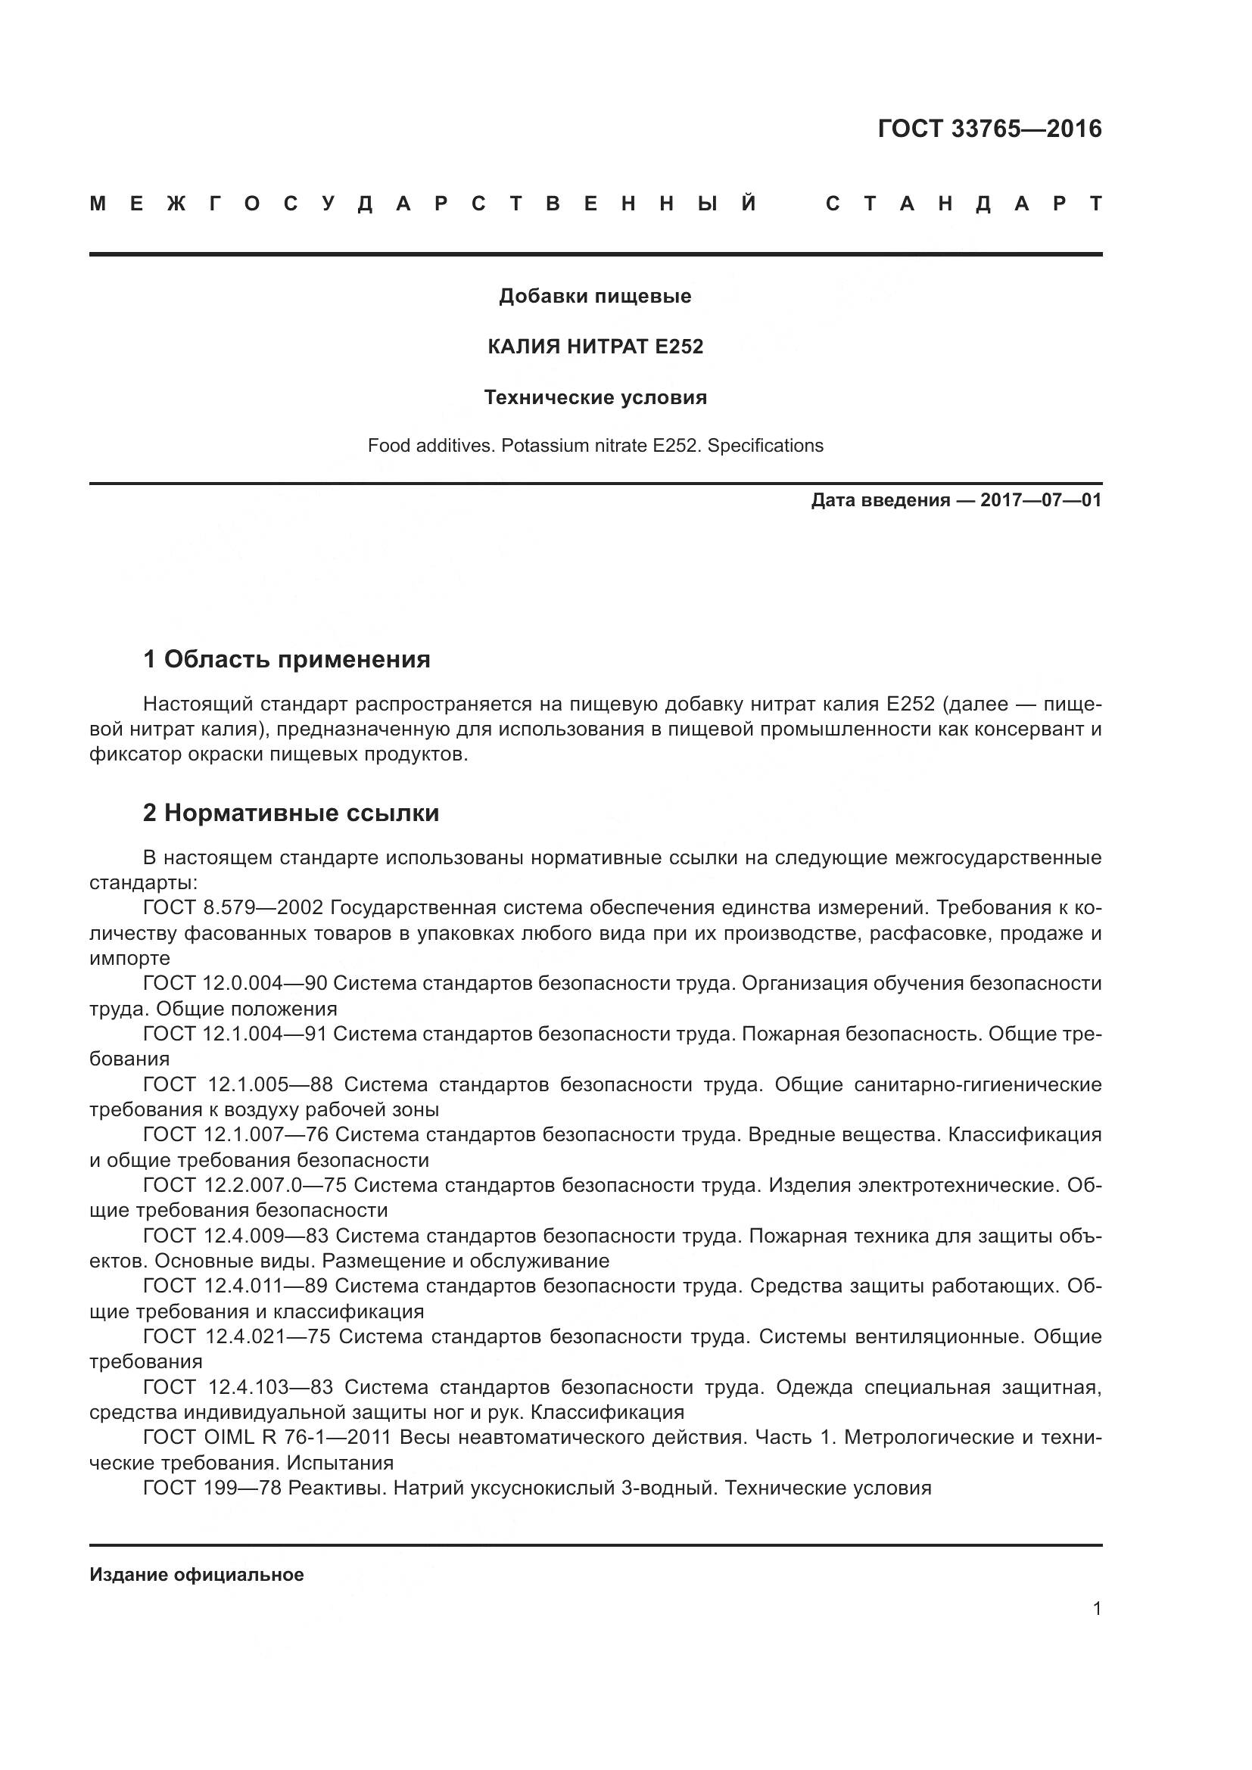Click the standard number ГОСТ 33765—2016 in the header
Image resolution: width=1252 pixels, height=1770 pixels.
989,129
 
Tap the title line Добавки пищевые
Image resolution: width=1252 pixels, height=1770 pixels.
595,296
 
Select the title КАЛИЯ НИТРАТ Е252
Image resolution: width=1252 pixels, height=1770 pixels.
595,347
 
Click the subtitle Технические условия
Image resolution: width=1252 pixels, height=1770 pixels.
595,398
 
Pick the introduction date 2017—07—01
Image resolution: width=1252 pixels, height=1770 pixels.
1040,500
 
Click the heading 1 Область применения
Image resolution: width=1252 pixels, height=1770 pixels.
286,659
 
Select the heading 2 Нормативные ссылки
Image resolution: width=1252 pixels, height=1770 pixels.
291,813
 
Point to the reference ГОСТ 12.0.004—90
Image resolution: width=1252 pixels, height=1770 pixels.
235,983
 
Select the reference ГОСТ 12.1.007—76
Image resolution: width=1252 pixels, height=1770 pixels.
235,1135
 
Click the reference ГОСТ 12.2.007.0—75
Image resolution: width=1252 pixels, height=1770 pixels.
244,1185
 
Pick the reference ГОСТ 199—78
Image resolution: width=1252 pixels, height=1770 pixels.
212,1488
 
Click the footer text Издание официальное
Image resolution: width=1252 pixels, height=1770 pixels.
197,1575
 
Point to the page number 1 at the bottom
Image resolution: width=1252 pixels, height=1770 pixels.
1097,1609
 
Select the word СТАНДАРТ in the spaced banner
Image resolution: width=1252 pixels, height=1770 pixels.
964,204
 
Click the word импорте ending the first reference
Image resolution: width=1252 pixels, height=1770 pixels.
129,958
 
